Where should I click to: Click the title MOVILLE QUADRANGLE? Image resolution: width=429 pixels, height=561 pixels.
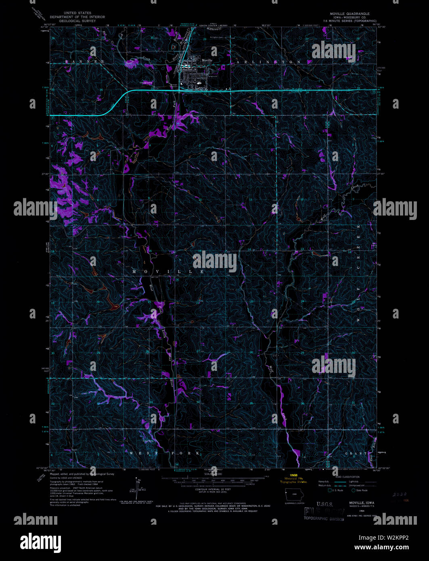(x=349, y=14)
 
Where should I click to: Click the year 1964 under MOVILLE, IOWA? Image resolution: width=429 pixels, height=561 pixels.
(x=357, y=511)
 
